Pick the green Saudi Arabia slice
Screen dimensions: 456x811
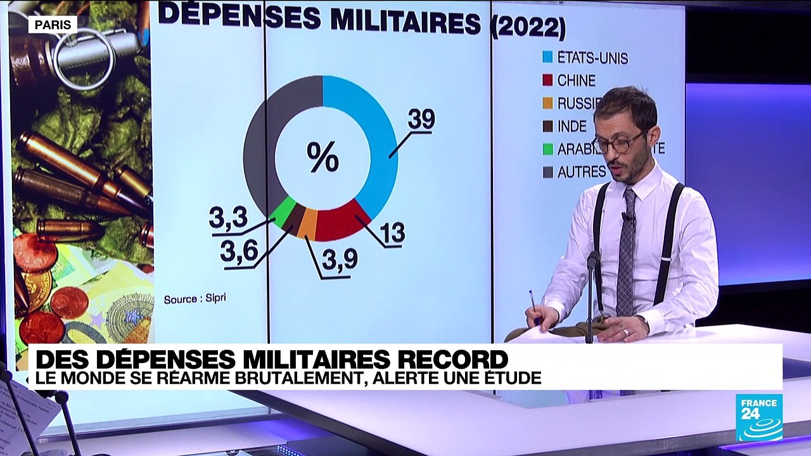pos(283,211)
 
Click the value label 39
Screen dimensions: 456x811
pos(421,120)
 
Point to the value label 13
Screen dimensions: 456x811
pos(393,233)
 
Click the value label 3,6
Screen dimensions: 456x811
pos(238,251)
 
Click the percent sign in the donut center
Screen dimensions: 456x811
pos(322,157)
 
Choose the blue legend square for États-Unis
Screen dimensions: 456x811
pos(548,57)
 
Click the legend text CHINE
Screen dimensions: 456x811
pos(576,80)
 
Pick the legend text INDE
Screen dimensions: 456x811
pos(572,125)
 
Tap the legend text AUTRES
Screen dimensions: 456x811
pos(582,172)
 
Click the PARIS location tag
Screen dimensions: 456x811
pos(53,25)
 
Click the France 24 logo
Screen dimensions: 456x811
pos(758,417)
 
